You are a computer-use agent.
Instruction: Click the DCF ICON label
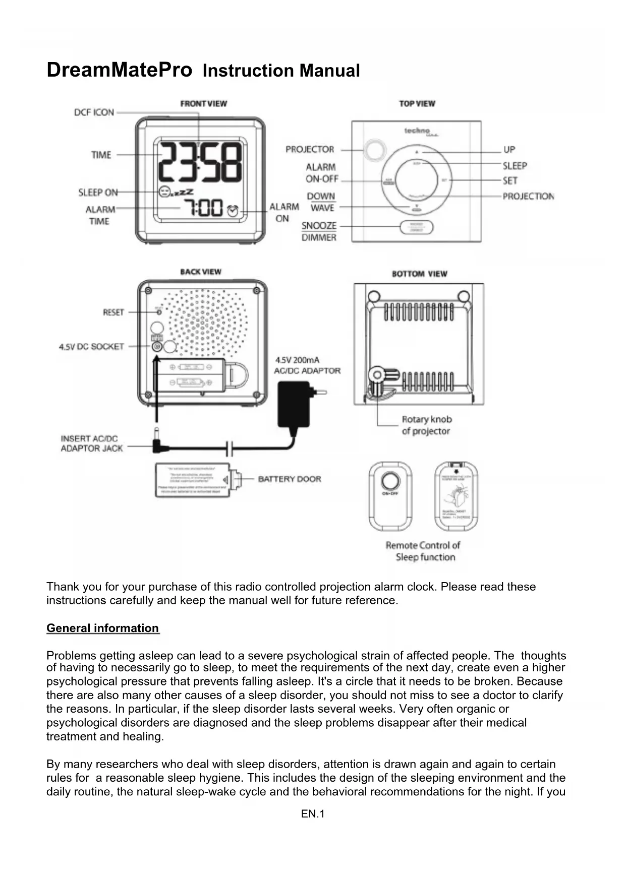click(x=94, y=112)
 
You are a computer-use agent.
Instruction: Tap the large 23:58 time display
click(x=200, y=163)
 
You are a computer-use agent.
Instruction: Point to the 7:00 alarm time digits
click(x=203, y=208)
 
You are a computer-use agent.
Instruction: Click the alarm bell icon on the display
click(x=233, y=211)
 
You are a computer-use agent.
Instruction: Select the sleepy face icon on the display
click(x=164, y=192)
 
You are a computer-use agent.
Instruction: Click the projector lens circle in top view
click(x=374, y=150)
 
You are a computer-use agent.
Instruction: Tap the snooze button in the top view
click(x=417, y=227)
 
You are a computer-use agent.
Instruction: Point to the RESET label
click(x=113, y=312)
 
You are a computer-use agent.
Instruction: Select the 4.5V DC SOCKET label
click(x=91, y=347)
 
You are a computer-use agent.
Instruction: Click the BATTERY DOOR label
click(x=290, y=479)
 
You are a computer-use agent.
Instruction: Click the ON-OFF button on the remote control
click(x=390, y=480)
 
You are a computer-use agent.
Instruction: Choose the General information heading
click(x=103, y=628)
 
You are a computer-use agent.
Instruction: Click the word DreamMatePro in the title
click(x=120, y=70)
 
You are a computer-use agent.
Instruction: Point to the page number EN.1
click(x=313, y=814)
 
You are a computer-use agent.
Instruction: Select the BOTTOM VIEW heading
click(x=420, y=274)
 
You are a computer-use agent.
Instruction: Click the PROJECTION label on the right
click(x=528, y=196)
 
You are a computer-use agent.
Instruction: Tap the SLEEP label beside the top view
click(x=515, y=166)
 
